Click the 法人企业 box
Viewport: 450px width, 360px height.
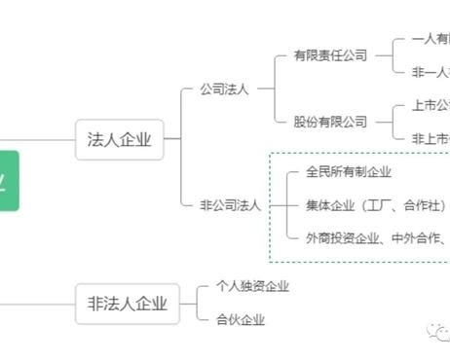tap(120, 139)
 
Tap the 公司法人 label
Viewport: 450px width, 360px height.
tap(224, 90)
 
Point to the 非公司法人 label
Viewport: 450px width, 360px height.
tap(230, 204)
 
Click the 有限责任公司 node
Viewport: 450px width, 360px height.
tap(330, 56)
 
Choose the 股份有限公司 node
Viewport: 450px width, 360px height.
tap(330, 122)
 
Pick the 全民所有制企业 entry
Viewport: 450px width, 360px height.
tap(348, 172)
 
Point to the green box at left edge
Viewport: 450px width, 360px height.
tap(9, 180)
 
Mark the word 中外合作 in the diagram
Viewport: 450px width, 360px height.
tap(420, 236)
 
